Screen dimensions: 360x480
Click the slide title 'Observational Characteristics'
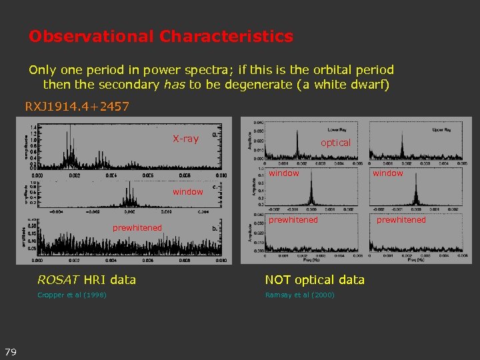click(x=161, y=36)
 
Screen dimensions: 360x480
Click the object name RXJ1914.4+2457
click(x=77, y=107)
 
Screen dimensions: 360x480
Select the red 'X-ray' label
click(x=185, y=139)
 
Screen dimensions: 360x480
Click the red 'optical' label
click(x=335, y=143)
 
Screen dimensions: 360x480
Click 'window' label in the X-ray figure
click(x=187, y=192)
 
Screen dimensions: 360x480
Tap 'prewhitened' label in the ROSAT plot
click(x=137, y=228)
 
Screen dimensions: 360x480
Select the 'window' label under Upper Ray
click(x=387, y=173)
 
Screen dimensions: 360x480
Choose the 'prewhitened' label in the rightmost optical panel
click(x=401, y=220)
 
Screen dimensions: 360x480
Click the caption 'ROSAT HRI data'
click(x=87, y=280)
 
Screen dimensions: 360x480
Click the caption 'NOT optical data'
click(x=315, y=280)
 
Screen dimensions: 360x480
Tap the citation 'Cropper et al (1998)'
click(x=72, y=295)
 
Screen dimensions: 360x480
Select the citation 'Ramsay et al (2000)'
click(x=299, y=295)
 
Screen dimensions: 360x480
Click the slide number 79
click(x=11, y=351)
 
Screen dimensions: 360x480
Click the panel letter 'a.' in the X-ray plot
click(x=214, y=134)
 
